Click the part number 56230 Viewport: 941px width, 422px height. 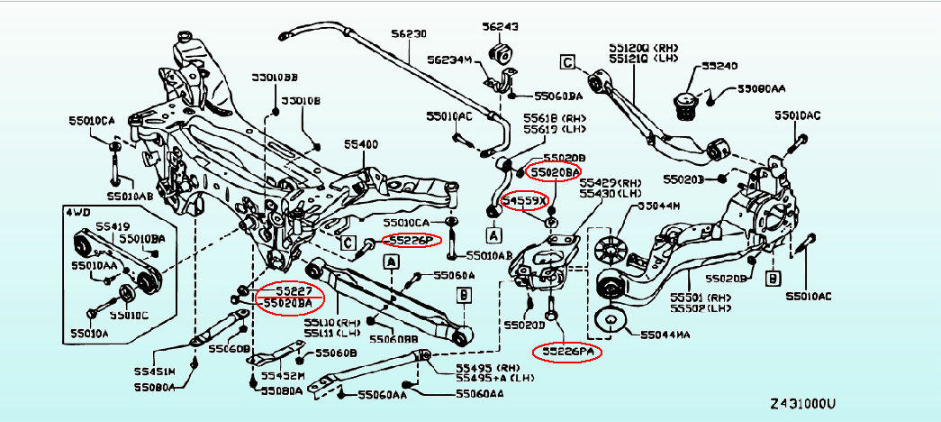pyautogui.click(x=409, y=33)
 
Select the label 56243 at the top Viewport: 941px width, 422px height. pyautogui.click(x=500, y=27)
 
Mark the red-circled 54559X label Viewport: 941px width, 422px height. pyautogui.click(x=525, y=200)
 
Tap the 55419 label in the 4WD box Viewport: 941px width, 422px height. pyautogui.click(x=88, y=226)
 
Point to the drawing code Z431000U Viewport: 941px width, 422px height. pyautogui.click(x=803, y=403)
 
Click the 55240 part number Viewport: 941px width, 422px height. pyautogui.click(x=719, y=67)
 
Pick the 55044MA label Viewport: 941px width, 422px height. pyautogui.click(x=667, y=335)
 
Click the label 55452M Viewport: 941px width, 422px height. pyautogui.click(x=281, y=375)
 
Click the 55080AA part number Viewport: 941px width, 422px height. pyautogui.click(x=762, y=89)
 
